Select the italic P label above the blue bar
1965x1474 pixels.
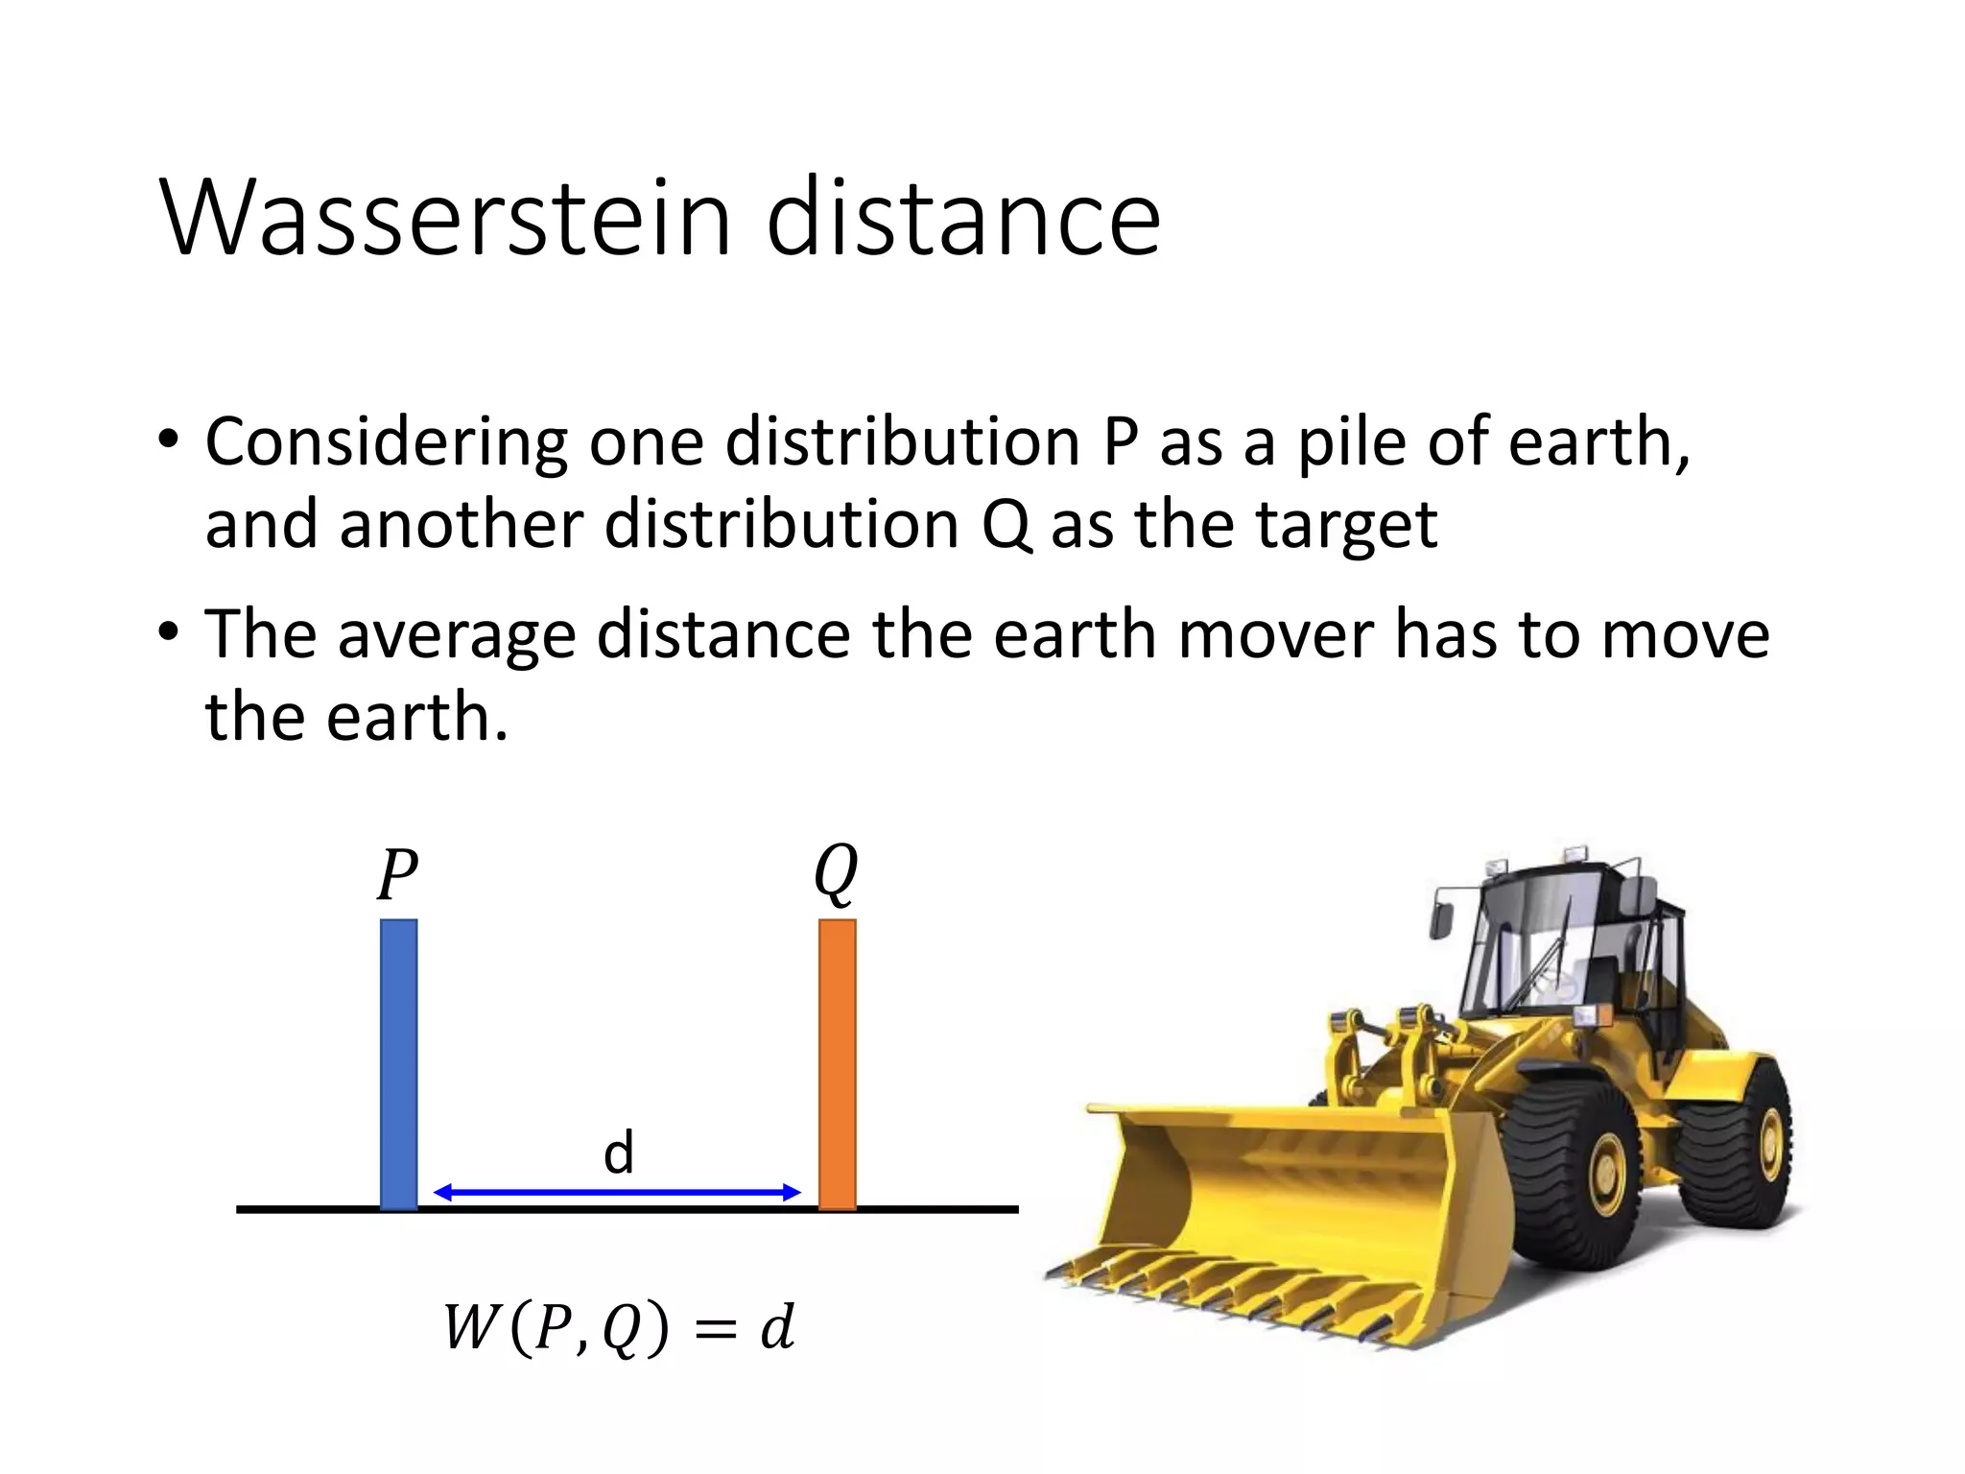396,874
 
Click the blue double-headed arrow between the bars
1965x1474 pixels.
617,1193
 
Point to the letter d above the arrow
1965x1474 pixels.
619,1152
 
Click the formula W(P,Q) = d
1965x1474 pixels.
619,1328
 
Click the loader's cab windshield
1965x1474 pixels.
1526,950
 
